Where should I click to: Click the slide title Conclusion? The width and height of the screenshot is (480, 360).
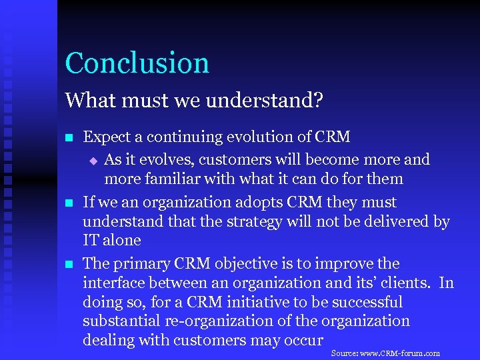[137, 63]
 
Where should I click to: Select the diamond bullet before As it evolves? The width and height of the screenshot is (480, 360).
[93, 161]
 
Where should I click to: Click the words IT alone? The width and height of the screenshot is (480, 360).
[112, 240]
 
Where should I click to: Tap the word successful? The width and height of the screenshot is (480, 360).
[366, 302]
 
